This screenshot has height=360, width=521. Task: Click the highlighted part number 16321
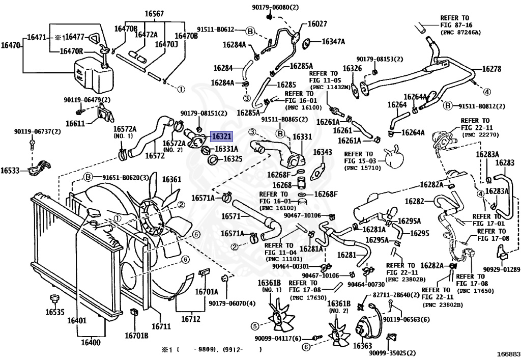221,136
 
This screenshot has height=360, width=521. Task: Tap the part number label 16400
91,342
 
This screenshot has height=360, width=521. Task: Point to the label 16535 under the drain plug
55,312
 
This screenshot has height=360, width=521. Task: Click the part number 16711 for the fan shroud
161,326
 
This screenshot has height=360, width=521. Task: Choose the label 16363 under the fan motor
362,346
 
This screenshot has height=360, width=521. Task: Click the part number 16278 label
491,69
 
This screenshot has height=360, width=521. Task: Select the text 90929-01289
501,269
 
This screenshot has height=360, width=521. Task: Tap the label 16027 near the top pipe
317,23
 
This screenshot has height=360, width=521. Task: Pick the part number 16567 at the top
154,14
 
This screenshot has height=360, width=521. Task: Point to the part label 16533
10,171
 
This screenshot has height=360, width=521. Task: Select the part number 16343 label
323,152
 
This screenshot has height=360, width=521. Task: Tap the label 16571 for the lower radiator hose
230,216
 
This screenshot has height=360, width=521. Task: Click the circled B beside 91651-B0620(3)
88,177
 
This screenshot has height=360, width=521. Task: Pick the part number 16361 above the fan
172,180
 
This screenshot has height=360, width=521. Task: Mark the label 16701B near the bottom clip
136,336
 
